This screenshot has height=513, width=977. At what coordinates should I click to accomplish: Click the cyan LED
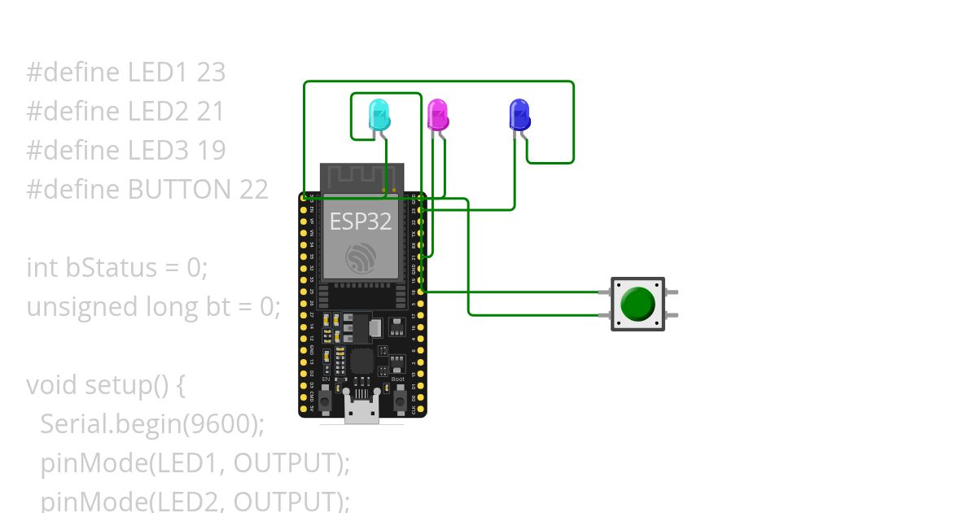click(379, 115)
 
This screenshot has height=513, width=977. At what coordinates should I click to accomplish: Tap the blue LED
click(519, 115)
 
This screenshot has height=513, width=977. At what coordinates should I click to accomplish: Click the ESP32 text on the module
click(361, 221)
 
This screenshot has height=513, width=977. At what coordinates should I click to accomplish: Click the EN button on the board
click(325, 400)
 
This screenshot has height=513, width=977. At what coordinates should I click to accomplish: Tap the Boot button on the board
click(400, 400)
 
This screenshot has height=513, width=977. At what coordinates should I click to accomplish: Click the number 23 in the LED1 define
click(211, 72)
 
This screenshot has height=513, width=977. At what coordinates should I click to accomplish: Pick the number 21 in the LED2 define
click(210, 112)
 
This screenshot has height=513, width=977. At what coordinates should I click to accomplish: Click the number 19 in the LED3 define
click(211, 151)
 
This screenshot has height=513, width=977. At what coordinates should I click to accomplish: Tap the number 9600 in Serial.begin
click(224, 424)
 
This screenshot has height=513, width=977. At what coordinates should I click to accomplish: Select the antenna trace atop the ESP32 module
click(361, 178)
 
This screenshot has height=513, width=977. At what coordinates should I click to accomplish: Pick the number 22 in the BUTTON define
click(253, 190)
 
